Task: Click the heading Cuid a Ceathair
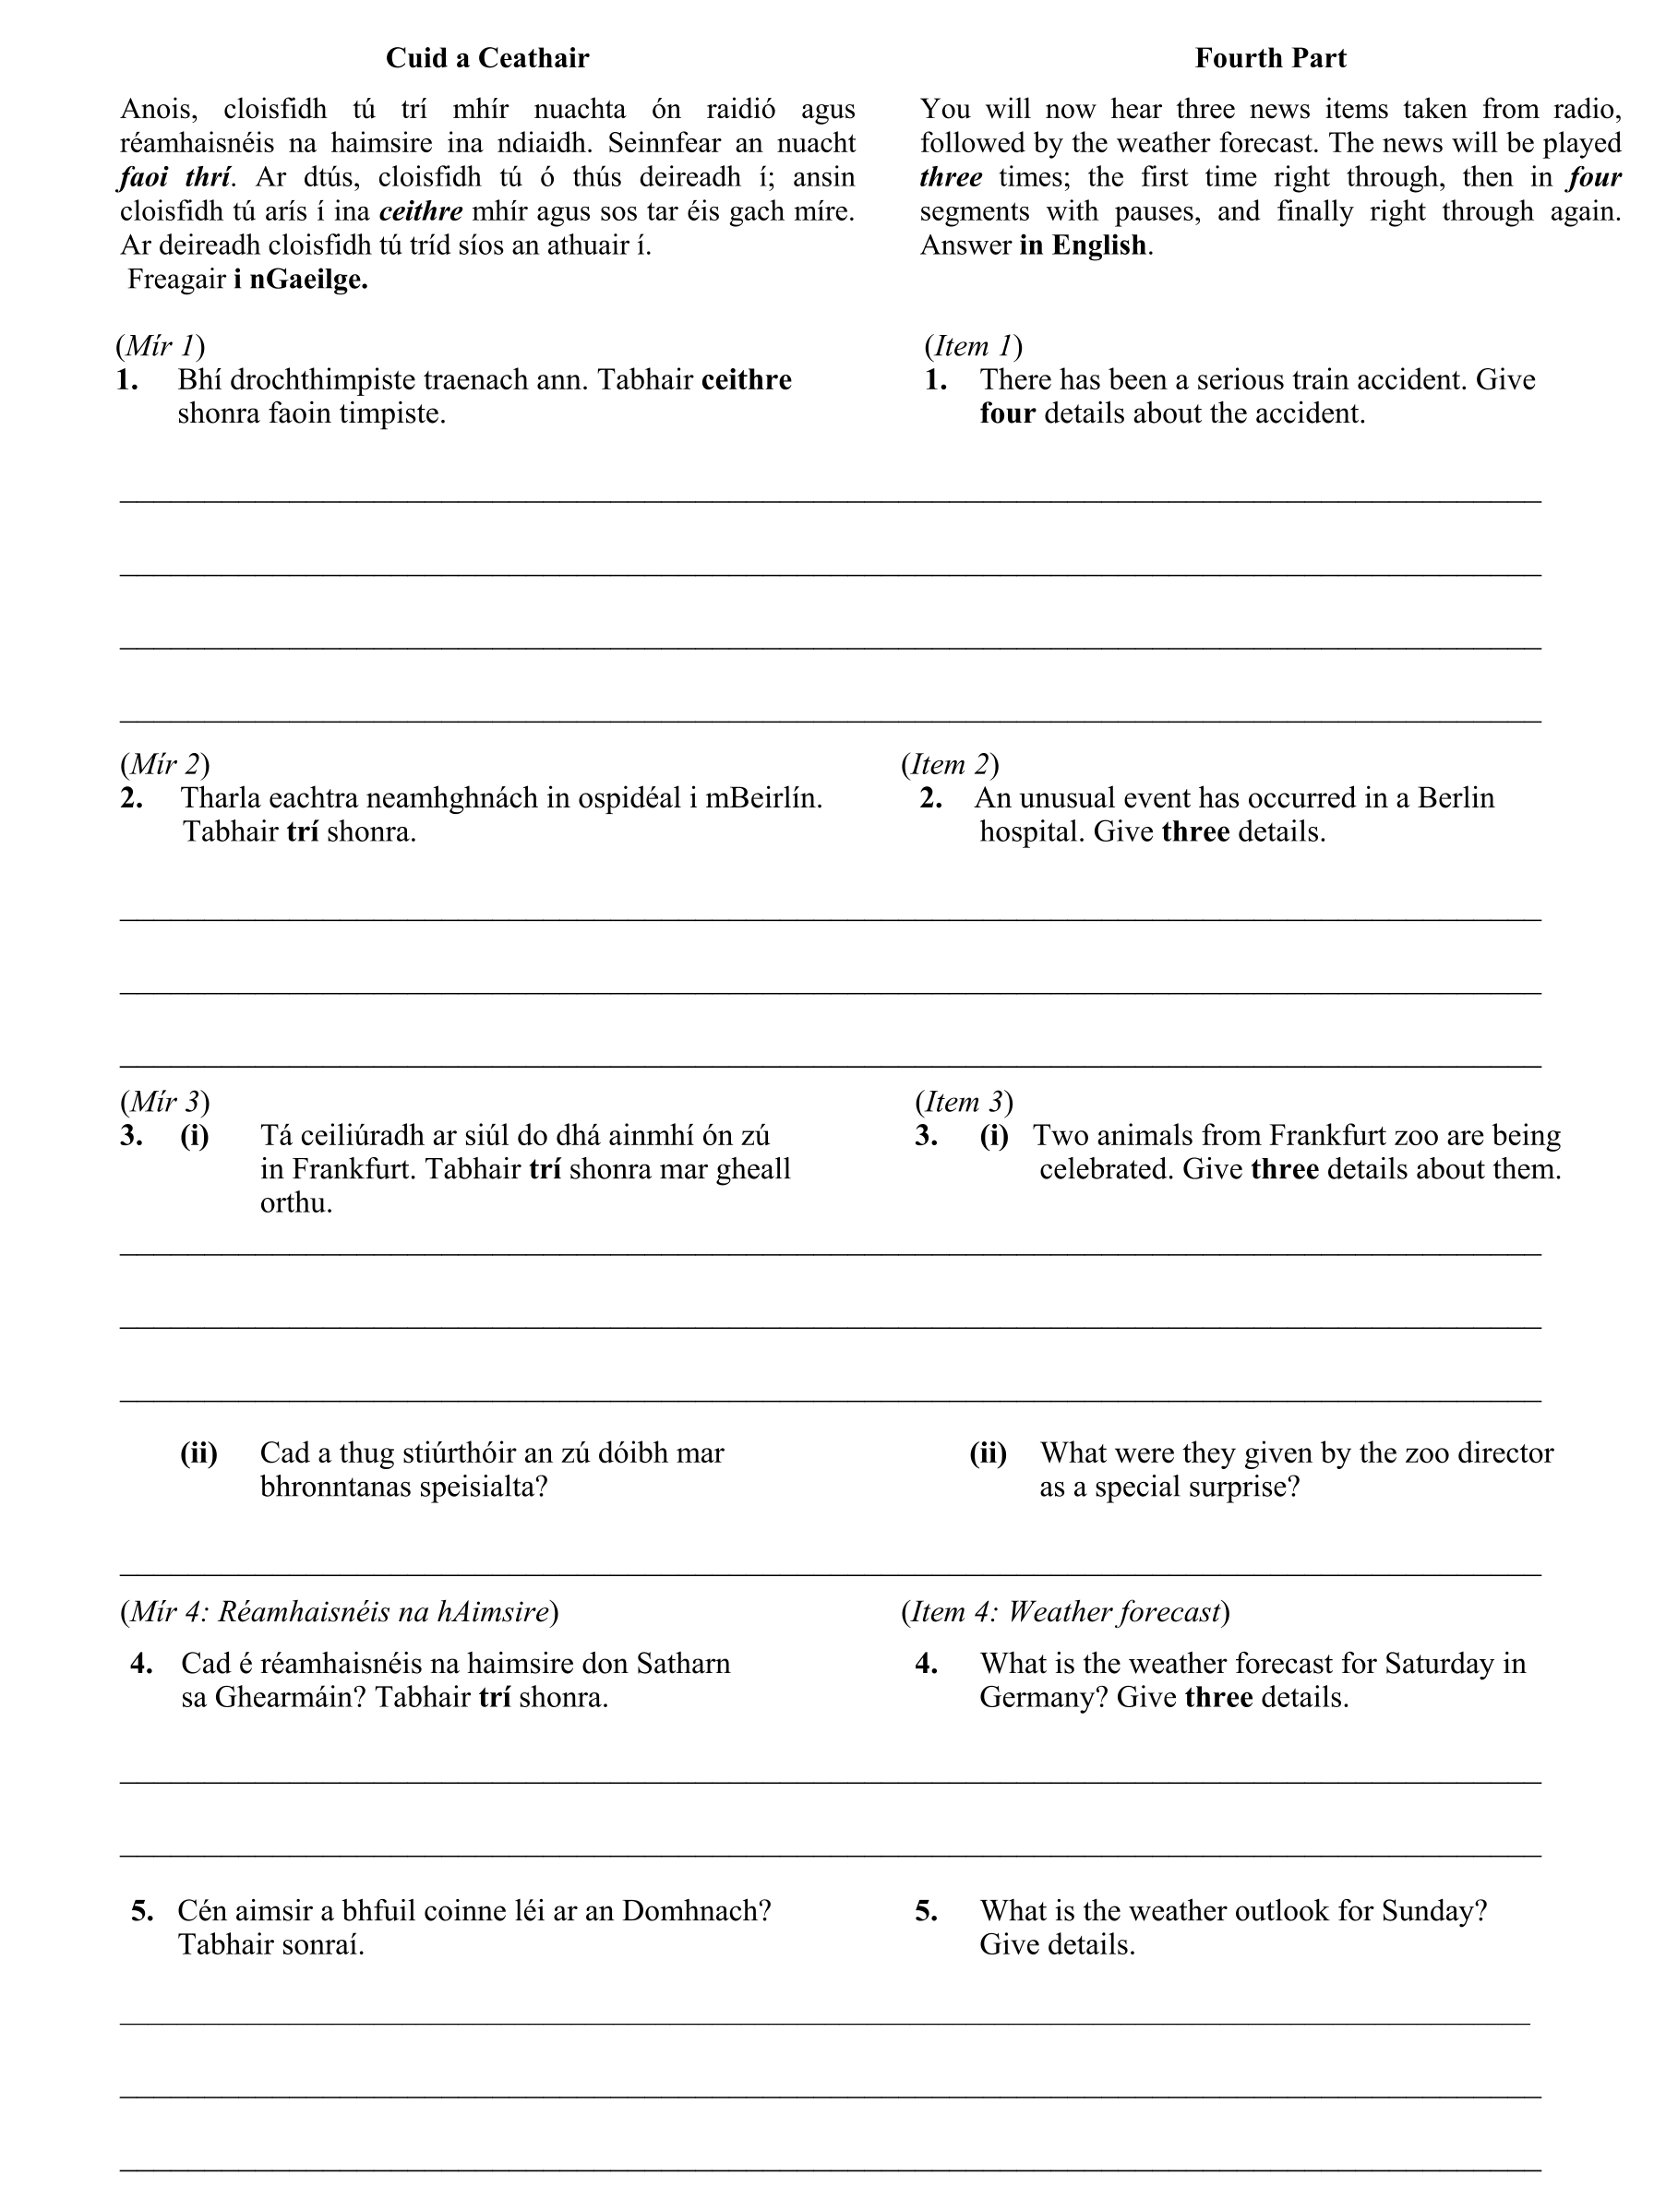(487, 59)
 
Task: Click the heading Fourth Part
(1270, 59)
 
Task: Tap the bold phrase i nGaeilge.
(301, 280)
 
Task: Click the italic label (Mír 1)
(160, 347)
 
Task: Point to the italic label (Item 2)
(949, 765)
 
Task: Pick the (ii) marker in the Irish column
(198, 1453)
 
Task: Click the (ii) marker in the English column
(988, 1453)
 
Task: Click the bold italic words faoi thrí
(174, 178)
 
